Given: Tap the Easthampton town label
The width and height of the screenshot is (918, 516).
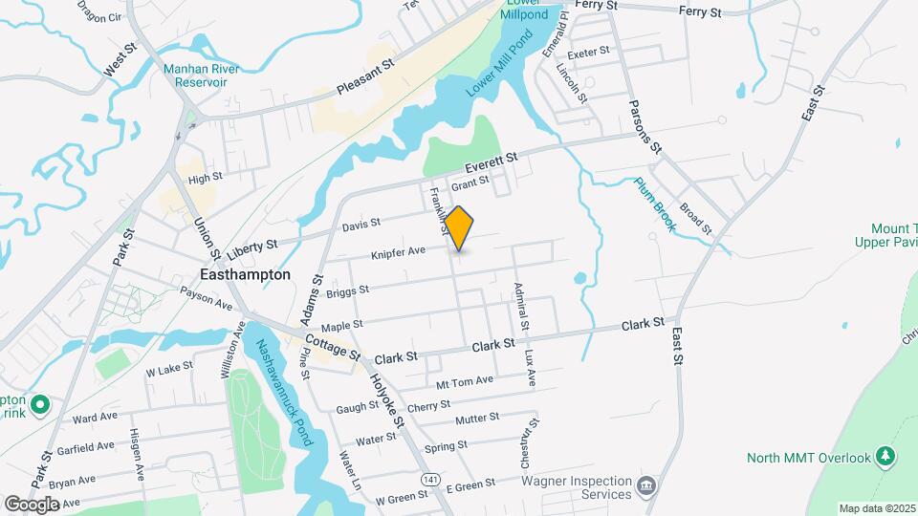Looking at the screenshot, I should coord(244,274).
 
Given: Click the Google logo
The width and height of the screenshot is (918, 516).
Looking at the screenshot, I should coord(33,504).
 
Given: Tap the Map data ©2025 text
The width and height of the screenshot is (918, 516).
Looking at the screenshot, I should coord(877,508).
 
